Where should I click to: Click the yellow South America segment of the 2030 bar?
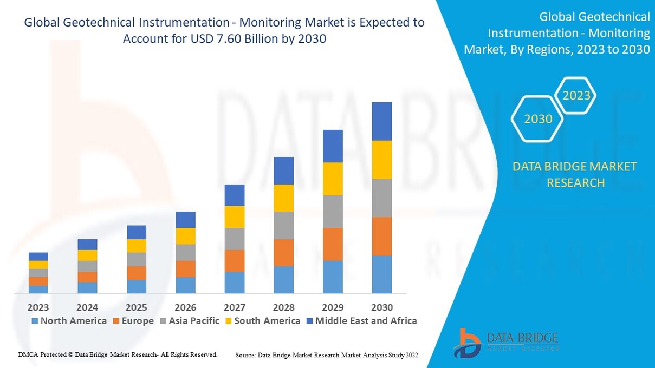[x=381, y=160]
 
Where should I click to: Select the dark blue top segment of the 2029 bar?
[x=332, y=146]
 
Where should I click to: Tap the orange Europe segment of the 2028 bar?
[x=283, y=252]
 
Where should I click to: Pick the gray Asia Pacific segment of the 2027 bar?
[x=234, y=239]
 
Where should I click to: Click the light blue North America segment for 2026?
[x=185, y=285]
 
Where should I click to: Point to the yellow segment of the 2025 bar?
[x=137, y=246]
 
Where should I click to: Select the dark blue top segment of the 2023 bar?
[x=38, y=257]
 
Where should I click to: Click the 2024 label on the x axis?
[x=87, y=307]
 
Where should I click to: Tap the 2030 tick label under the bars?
[x=381, y=307]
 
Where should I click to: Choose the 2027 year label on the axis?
[x=234, y=307]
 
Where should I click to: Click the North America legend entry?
[x=69, y=321]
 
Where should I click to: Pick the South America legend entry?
[x=262, y=321]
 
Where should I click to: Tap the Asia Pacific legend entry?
[x=189, y=321]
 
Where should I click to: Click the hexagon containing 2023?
[x=576, y=96]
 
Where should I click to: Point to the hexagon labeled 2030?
[x=537, y=119]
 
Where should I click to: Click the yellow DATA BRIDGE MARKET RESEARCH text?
[x=575, y=174]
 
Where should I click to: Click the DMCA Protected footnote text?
[x=118, y=354]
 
